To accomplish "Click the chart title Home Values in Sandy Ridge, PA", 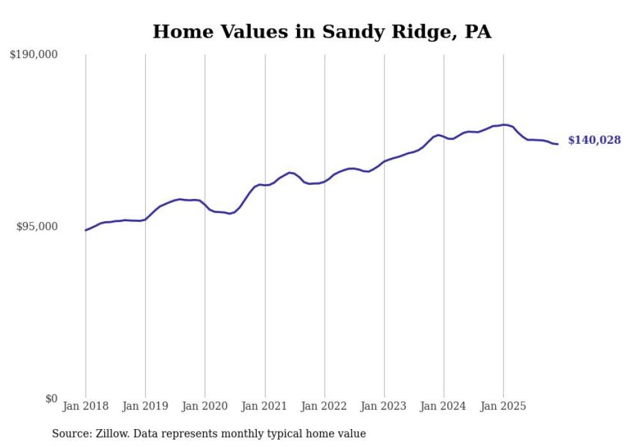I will click(x=322, y=31).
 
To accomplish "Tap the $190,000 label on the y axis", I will click(x=33, y=55).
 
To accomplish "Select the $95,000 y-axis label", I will click(x=36, y=226).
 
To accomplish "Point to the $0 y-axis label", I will click(x=51, y=398).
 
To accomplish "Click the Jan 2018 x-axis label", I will click(x=86, y=406).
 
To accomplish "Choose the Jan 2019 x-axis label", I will click(x=145, y=406).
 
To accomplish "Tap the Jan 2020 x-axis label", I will click(x=205, y=406).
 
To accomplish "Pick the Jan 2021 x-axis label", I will click(x=264, y=406).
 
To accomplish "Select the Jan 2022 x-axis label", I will click(x=324, y=406).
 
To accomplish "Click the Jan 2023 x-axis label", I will click(x=384, y=406).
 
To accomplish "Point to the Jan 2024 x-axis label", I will click(x=443, y=406).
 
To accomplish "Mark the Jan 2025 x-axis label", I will click(x=503, y=406).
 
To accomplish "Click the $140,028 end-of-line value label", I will click(x=594, y=140).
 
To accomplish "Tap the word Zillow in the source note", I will click(x=110, y=434).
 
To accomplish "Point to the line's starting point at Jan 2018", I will click(x=86, y=230).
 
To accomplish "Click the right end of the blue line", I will click(x=558, y=144).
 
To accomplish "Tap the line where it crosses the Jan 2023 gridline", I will click(x=384, y=161).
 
